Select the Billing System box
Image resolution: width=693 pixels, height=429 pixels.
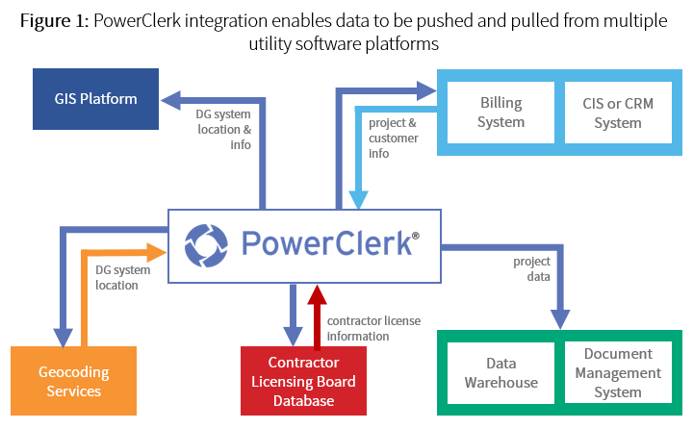pyautogui.click(x=500, y=112)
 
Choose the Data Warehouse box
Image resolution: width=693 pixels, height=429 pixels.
pyautogui.click(x=500, y=373)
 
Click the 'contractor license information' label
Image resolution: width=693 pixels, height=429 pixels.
pyautogui.click(x=372, y=328)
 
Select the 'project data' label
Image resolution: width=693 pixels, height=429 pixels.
pyautogui.click(x=531, y=268)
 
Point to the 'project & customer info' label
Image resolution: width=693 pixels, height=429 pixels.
pyautogui.click(x=393, y=137)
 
